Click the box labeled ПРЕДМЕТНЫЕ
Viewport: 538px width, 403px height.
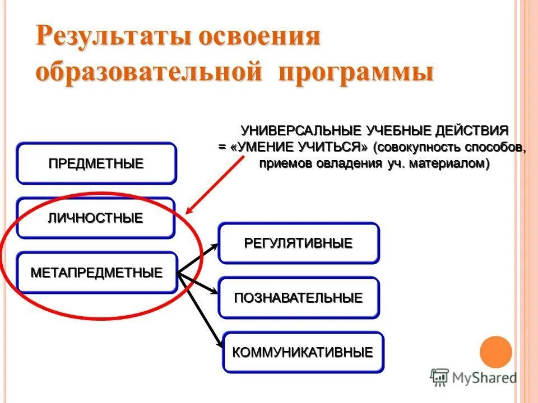pos(96,163)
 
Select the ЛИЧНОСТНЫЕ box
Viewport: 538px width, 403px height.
pos(95,218)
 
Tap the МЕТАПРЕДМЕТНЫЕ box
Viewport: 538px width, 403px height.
pos(96,273)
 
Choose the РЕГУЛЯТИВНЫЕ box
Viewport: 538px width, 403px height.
pos(298,243)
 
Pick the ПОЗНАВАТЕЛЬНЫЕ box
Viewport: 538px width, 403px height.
pos(298,297)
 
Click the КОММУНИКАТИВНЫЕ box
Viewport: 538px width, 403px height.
pos(303,352)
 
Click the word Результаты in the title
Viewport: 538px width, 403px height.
pos(106,38)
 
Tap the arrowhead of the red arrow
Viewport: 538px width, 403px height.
pos(189,211)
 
